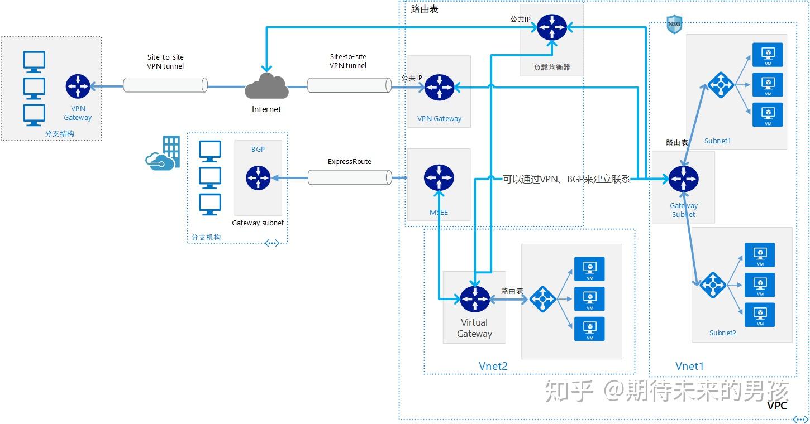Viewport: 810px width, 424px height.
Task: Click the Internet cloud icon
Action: [x=266, y=86]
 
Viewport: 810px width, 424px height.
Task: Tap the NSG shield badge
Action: [x=674, y=25]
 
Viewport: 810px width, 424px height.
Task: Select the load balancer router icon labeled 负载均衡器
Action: [x=552, y=27]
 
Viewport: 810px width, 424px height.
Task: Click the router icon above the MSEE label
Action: [x=439, y=178]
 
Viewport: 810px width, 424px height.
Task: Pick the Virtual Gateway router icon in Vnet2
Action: [x=475, y=299]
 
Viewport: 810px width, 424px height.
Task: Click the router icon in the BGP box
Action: [x=258, y=178]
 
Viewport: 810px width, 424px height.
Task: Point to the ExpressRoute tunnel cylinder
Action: [x=349, y=178]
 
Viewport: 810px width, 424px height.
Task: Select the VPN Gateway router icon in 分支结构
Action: [x=78, y=86]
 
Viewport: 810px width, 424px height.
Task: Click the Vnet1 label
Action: [x=689, y=366]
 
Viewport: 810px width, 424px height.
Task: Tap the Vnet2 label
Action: [x=493, y=366]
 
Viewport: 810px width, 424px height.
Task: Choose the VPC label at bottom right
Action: [x=776, y=406]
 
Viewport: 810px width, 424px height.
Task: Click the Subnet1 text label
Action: [x=717, y=141]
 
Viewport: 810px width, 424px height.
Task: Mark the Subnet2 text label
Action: [x=722, y=333]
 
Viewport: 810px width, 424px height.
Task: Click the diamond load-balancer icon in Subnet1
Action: [x=721, y=85]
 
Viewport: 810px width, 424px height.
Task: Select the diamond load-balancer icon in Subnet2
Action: [x=713, y=285]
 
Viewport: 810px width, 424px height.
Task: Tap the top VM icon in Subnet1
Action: [x=768, y=55]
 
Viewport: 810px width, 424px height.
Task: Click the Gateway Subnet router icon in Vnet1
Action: [x=684, y=179]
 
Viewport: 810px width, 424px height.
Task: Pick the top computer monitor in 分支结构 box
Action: [x=34, y=62]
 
